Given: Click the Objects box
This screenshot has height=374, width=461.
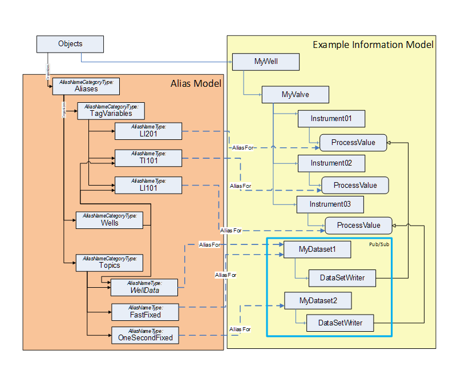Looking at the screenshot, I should click(70, 44).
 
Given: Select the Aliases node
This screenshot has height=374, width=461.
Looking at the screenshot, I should click(86, 86).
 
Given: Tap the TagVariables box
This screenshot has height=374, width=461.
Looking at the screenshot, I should click(111, 111).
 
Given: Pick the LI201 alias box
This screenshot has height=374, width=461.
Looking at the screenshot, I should click(148, 131).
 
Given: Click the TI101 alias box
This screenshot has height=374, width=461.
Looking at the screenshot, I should click(148, 158).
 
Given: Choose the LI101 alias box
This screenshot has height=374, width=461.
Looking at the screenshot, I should click(148, 185).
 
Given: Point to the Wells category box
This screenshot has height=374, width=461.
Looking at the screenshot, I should click(109, 220).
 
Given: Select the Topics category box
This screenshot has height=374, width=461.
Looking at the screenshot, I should click(109, 263).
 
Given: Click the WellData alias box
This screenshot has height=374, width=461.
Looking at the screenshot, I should click(144, 287).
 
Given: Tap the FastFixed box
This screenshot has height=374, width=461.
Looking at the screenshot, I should click(145, 312).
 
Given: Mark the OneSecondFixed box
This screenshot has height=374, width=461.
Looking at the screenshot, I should click(145, 335).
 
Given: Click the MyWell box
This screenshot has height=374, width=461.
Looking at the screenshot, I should click(266, 62).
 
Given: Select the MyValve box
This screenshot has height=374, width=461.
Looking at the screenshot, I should click(295, 94).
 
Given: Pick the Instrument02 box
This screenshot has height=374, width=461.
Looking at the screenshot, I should click(331, 163).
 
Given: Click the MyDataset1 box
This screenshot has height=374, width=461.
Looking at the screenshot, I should click(317, 250).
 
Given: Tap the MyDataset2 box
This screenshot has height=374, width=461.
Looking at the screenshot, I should click(318, 300).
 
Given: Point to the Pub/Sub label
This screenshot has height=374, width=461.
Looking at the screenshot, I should click(379, 244).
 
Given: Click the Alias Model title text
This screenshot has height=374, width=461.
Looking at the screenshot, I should click(196, 84).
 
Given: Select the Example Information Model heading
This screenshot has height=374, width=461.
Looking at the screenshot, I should click(373, 45).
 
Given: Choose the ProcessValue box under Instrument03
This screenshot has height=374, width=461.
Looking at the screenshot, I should click(358, 226).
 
